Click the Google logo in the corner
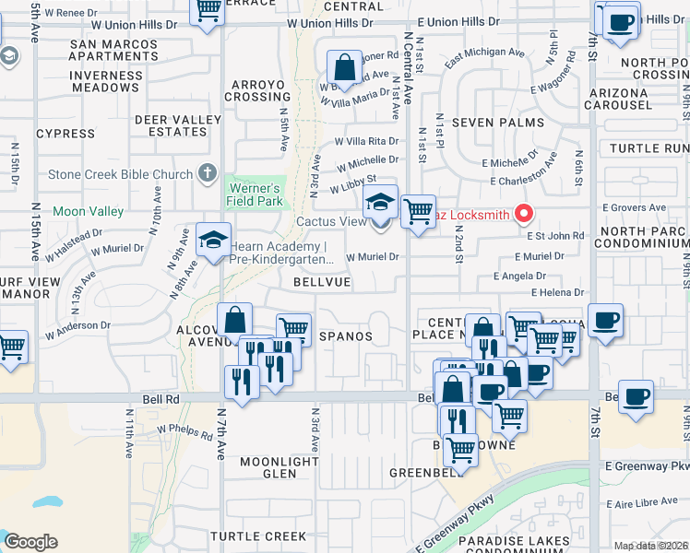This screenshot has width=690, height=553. point(30,542)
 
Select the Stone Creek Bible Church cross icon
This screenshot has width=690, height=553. point(208,173)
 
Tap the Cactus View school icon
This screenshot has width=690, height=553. point(379,203)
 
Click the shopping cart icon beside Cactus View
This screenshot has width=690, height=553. point(419,211)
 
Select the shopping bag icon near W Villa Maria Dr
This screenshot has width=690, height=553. point(344,66)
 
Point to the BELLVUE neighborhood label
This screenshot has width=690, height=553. point(322,282)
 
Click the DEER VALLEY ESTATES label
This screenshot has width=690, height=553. point(178,125)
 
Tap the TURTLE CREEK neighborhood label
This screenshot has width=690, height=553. point(257,536)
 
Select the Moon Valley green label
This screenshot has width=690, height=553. point(88,212)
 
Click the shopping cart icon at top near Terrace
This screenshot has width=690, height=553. point(208,9)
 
